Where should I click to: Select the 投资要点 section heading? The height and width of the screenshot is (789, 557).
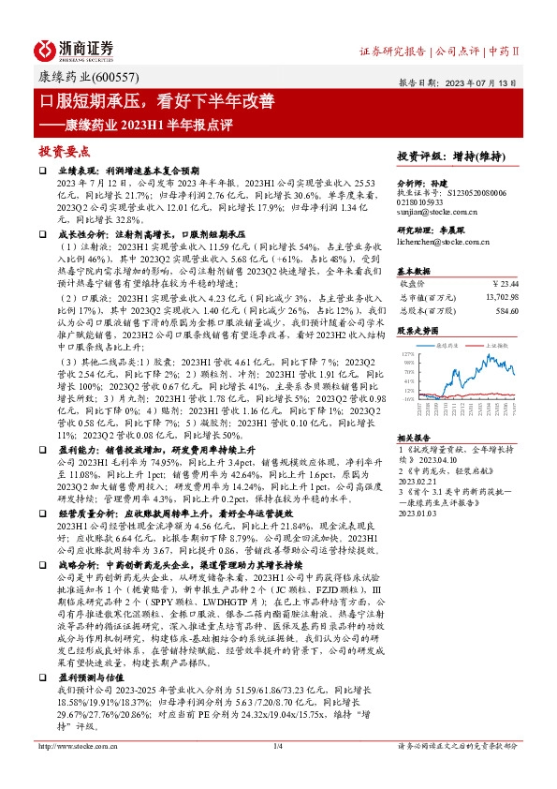point(64,150)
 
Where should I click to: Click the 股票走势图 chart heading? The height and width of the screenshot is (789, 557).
point(417,331)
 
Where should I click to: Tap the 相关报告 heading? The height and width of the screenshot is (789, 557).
point(414,438)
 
